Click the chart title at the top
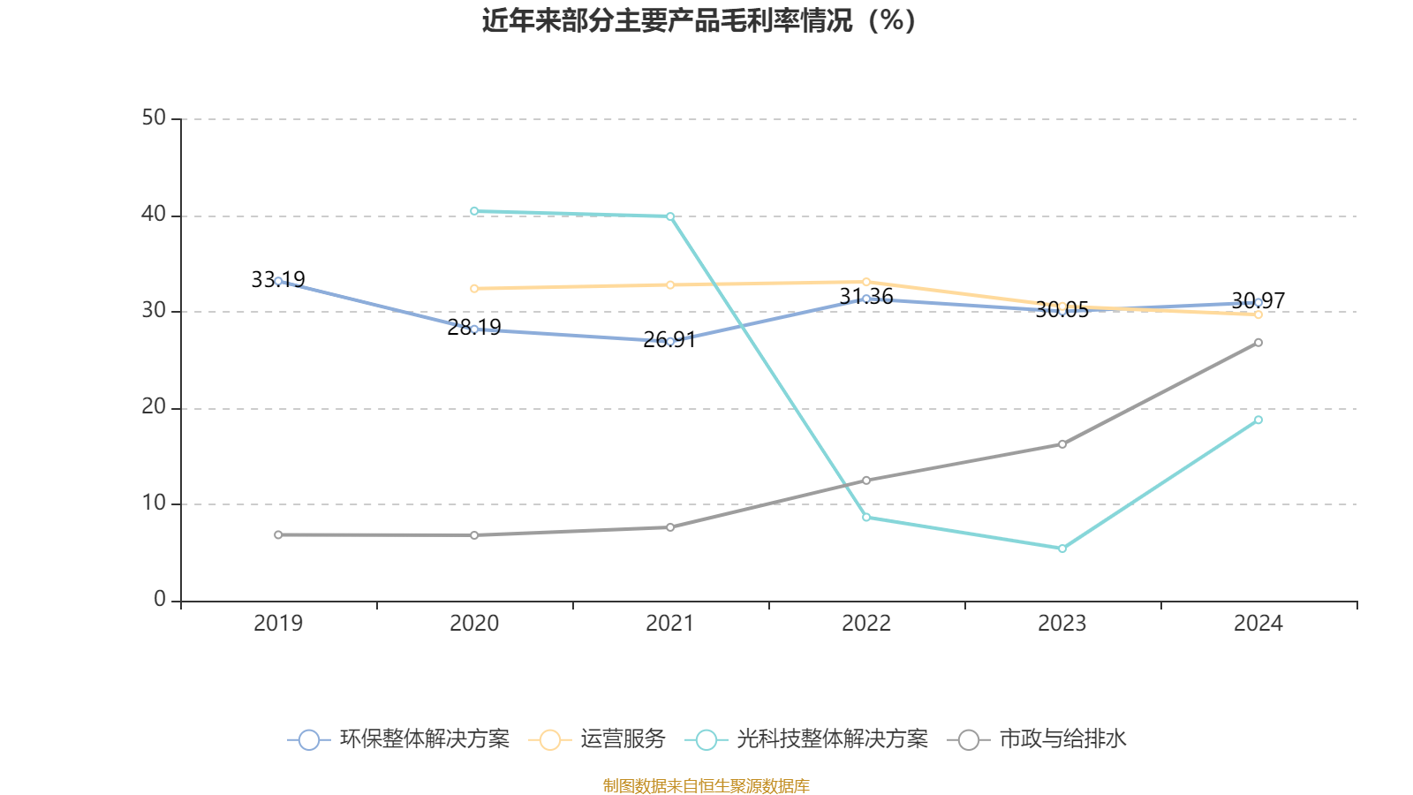click(x=699, y=20)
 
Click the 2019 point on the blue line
click(x=278, y=281)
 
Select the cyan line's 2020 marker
click(x=474, y=211)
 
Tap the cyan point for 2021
click(x=670, y=216)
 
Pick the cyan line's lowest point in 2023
click(x=1062, y=549)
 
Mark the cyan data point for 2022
click(x=866, y=517)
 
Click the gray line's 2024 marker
click(x=1258, y=343)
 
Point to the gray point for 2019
click(x=278, y=534)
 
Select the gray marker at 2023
click(x=1062, y=444)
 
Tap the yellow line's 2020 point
click(x=474, y=288)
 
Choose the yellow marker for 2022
click(x=866, y=282)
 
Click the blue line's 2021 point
click(x=670, y=341)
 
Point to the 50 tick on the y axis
click(x=154, y=118)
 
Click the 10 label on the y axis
click(x=154, y=503)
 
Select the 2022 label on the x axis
click(x=866, y=624)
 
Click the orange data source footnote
click(x=706, y=785)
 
